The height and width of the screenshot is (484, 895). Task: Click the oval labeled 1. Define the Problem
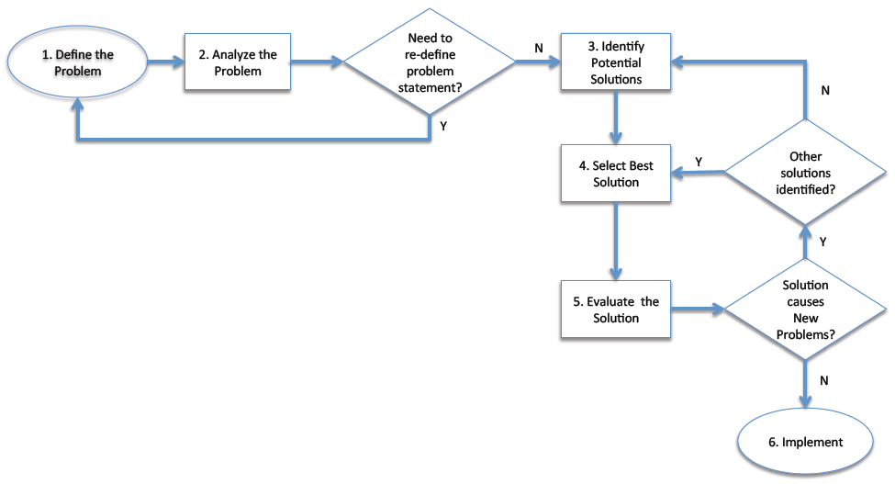click(78, 62)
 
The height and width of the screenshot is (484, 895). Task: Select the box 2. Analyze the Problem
click(237, 62)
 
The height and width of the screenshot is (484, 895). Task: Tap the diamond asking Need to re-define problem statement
click(431, 62)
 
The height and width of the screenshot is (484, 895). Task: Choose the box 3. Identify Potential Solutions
click(614, 62)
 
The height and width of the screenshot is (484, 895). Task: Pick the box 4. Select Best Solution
click(614, 174)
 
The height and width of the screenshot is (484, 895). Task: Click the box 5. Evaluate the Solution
click(614, 310)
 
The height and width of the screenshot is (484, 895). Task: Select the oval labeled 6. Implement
click(805, 442)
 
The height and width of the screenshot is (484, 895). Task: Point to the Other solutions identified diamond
click(805, 174)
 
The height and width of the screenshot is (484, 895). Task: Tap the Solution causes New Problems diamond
click(805, 310)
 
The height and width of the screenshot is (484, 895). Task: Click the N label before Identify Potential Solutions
click(538, 46)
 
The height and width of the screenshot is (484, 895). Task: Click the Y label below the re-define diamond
click(443, 126)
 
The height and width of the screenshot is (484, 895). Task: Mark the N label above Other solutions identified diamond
click(824, 90)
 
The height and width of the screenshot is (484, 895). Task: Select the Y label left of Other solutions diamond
click(699, 161)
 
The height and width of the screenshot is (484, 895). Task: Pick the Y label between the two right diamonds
click(822, 242)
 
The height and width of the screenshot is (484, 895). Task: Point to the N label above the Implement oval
click(823, 378)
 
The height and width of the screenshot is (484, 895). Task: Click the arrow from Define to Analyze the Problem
click(163, 62)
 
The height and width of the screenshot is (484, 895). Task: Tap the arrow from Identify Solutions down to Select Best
click(614, 118)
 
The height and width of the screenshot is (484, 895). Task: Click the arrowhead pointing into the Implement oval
click(805, 400)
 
